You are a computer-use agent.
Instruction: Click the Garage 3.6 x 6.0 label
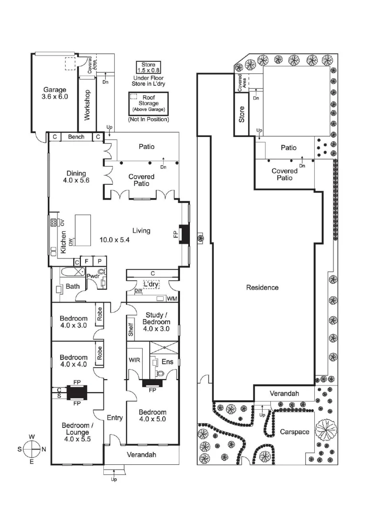tap(55, 93)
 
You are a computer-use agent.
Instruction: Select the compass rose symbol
tap(32, 449)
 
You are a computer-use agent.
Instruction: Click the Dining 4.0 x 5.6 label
tap(77, 177)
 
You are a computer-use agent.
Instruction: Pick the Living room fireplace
tap(184, 235)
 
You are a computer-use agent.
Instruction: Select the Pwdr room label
tap(92, 276)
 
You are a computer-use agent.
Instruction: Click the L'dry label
tap(152, 284)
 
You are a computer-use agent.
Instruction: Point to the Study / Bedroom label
tap(156, 318)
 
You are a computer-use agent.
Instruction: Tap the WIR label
tap(134, 360)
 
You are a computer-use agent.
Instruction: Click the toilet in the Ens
tap(160, 373)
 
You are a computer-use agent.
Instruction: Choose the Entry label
tap(115, 417)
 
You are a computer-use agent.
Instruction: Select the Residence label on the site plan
tap(262, 288)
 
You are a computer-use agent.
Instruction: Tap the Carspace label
tap(295, 432)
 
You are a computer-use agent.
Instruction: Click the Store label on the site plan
tap(242, 114)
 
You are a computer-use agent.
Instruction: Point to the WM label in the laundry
tap(172, 299)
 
